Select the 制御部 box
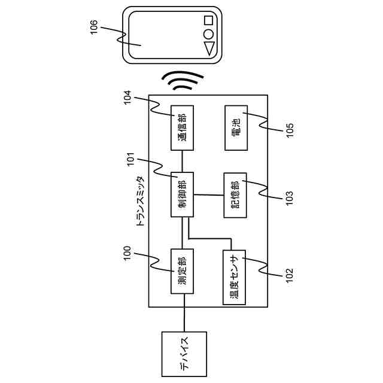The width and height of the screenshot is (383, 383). (x=183, y=195)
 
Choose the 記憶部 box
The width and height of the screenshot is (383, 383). (x=235, y=195)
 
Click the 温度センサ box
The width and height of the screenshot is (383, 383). (x=235, y=276)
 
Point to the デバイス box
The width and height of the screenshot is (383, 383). (x=184, y=354)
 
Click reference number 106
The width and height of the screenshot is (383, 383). (x=95, y=27)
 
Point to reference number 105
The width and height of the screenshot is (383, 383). (x=290, y=129)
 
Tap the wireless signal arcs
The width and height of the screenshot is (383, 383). (x=182, y=83)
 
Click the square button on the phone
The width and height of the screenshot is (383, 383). (x=208, y=19)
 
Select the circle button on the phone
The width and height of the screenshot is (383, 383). (x=208, y=34)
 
